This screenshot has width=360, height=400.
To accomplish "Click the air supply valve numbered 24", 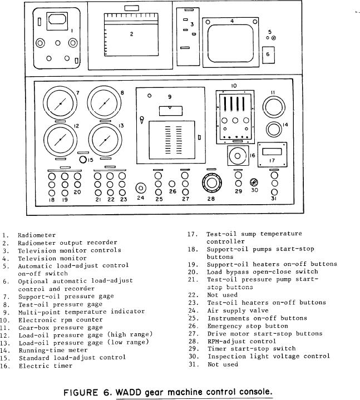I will (141, 187).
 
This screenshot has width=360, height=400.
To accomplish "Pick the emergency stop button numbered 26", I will (172, 184).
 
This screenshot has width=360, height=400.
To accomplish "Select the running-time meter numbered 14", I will (273, 130).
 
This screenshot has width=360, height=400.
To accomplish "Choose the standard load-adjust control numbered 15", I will (83, 160).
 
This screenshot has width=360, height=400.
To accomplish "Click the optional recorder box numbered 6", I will (268, 55).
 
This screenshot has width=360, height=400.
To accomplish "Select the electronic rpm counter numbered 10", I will (234, 111).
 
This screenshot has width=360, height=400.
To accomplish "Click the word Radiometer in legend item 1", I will (36, 235).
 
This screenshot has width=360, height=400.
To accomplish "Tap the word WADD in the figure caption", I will (127, 392).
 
